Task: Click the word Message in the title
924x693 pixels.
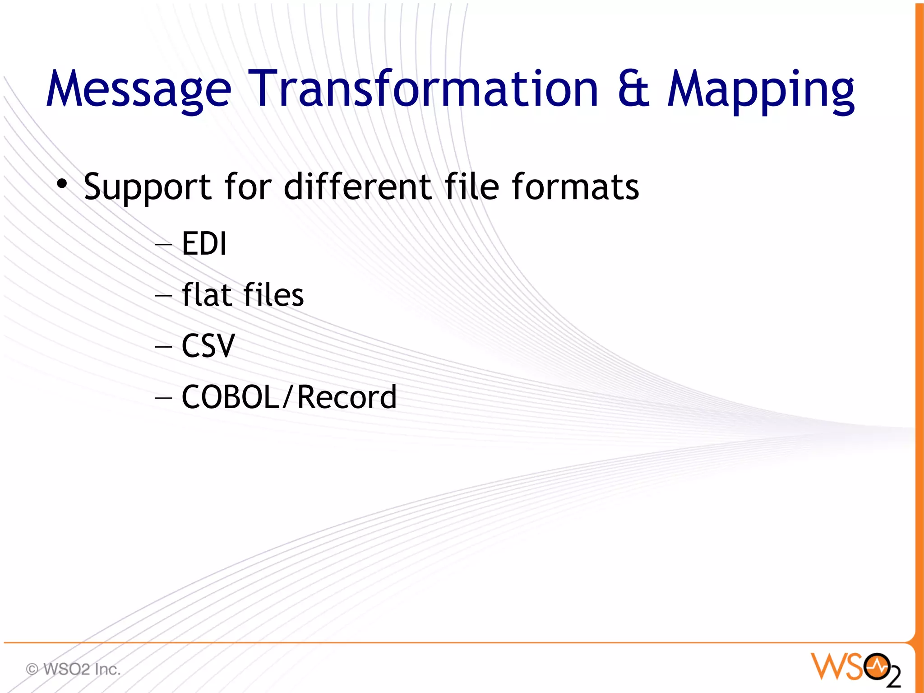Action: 139,89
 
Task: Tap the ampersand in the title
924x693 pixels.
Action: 633,89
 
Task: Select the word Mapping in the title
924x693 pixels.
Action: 761,90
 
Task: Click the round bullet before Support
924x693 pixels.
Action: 62,184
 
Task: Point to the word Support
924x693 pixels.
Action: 147,187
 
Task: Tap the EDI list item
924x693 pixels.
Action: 204,243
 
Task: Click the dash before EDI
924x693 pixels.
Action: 163,244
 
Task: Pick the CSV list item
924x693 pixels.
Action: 208,346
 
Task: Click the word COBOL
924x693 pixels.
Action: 231,397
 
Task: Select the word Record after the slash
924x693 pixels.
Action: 347,397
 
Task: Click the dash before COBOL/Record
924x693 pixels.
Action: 163,398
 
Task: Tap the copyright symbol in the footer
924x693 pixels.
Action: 32,669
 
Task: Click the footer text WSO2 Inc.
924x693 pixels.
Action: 82,669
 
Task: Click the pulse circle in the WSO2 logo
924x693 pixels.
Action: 877,665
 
